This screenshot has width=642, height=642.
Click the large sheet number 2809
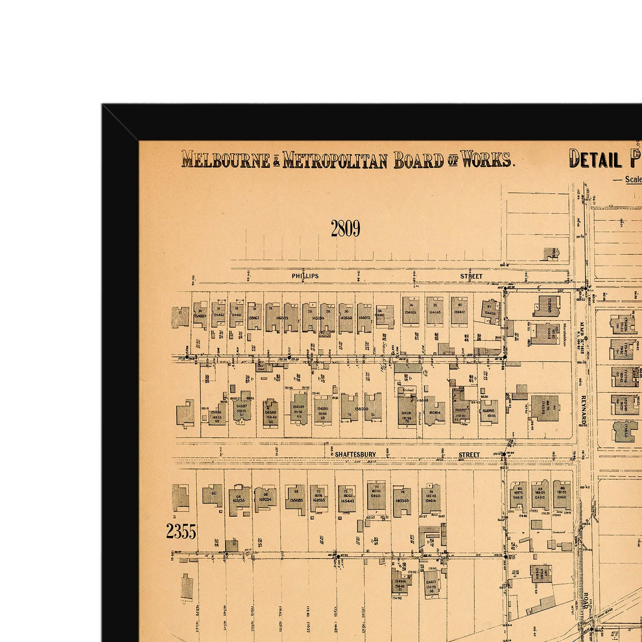pos(345,229)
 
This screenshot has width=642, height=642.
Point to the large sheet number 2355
pos(181,532)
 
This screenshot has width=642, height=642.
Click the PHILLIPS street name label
pos(305,276)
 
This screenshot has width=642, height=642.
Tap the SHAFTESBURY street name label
pos(355,455)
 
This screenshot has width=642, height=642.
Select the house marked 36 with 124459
pos(411,311)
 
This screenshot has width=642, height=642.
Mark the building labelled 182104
pos(435,412)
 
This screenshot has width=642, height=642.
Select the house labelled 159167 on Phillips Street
pos(254,317)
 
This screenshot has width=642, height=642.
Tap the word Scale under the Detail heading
pos(633,180)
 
